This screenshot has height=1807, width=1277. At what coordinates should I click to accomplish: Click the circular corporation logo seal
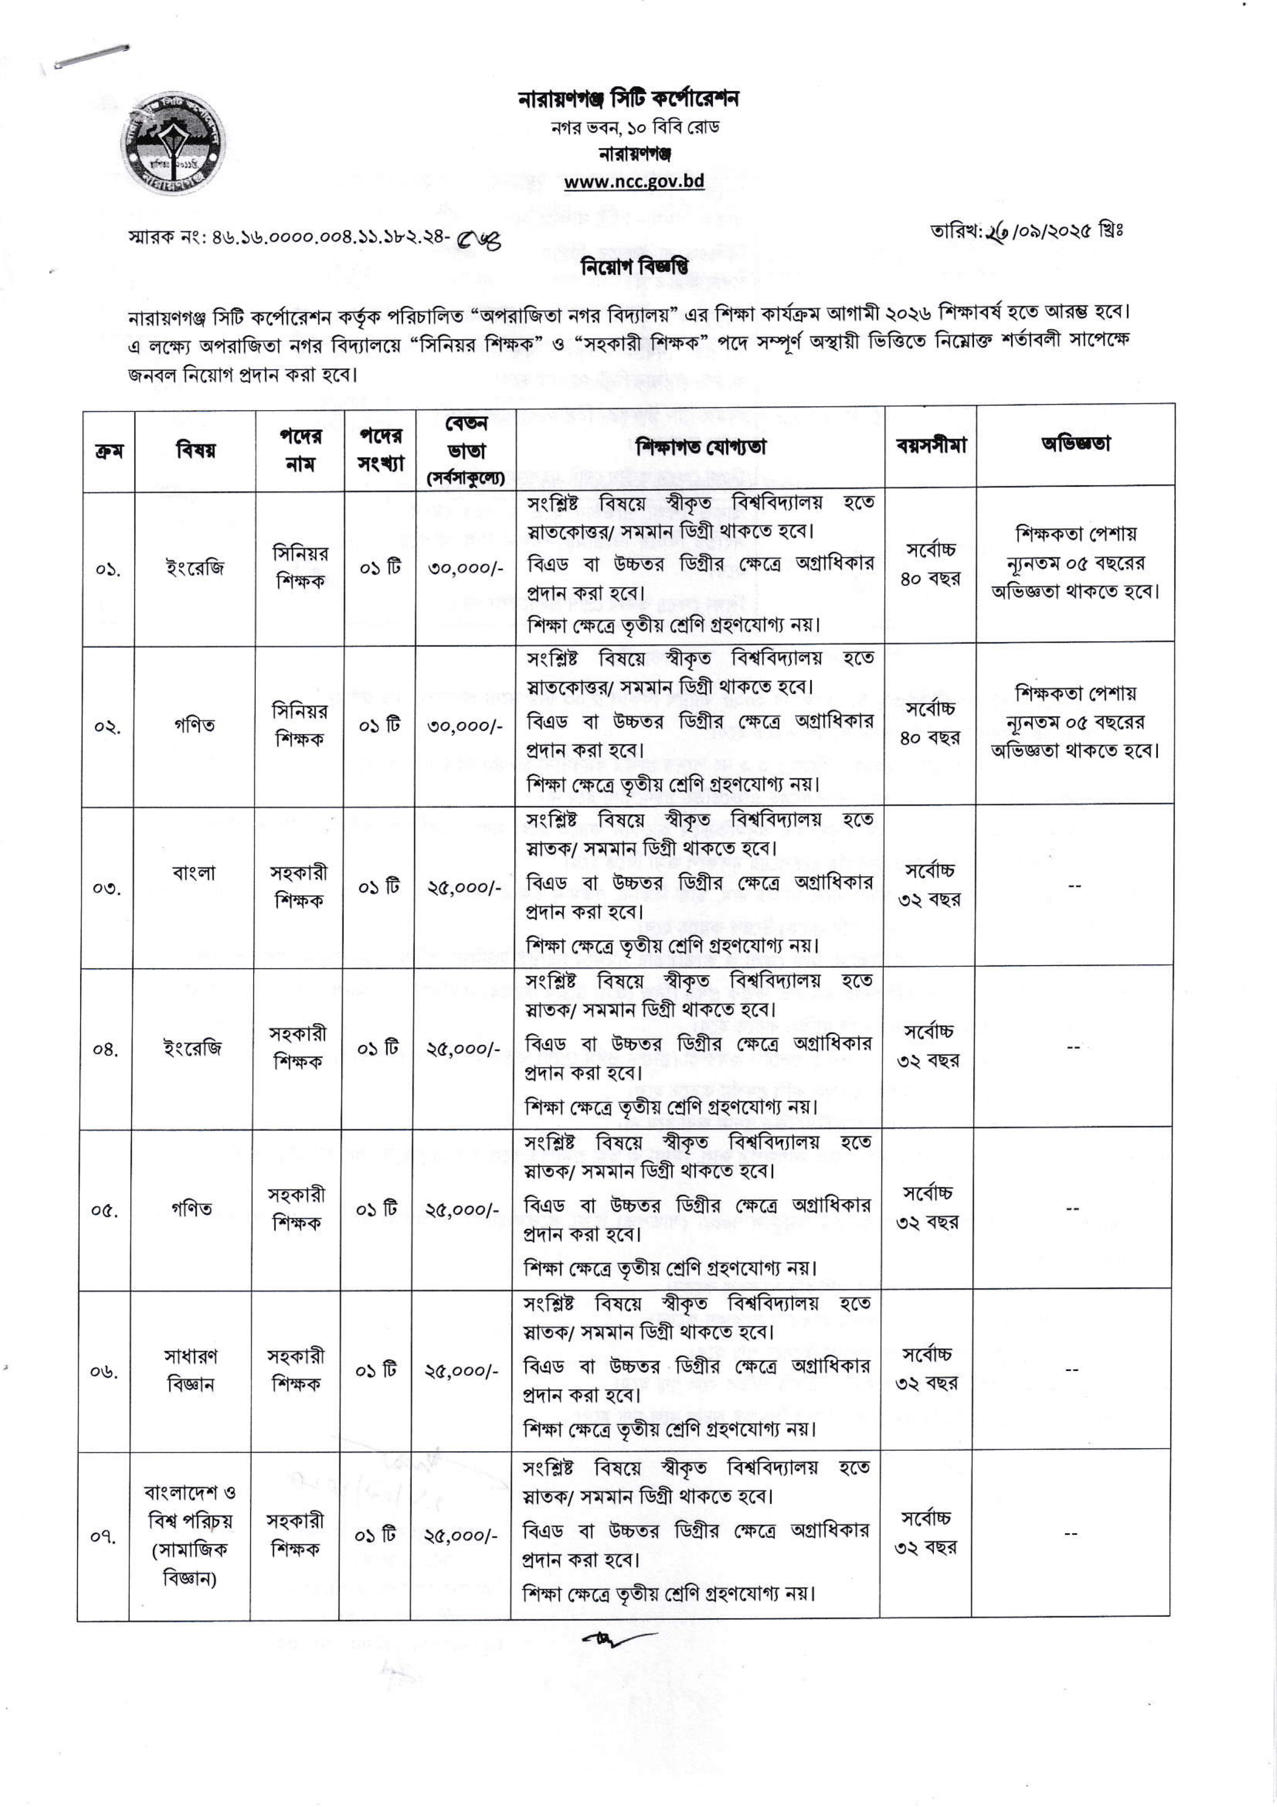(172, 146)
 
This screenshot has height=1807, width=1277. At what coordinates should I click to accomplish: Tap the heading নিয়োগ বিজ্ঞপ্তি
(634, 267)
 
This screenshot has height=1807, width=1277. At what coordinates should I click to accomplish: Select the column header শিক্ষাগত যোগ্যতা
(700, 447)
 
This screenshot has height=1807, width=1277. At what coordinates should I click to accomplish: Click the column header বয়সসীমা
(930, 446)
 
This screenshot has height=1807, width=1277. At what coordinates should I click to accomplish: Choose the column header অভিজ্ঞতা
(1075, 444)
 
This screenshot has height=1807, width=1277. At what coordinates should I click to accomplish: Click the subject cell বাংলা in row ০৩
(194, 873)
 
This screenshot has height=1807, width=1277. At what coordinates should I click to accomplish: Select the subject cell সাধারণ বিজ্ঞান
(191, 1370)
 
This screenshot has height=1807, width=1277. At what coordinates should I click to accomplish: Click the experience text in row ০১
(1075, 562)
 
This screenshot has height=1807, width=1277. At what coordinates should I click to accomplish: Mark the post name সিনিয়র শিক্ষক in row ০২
(299, 725)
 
